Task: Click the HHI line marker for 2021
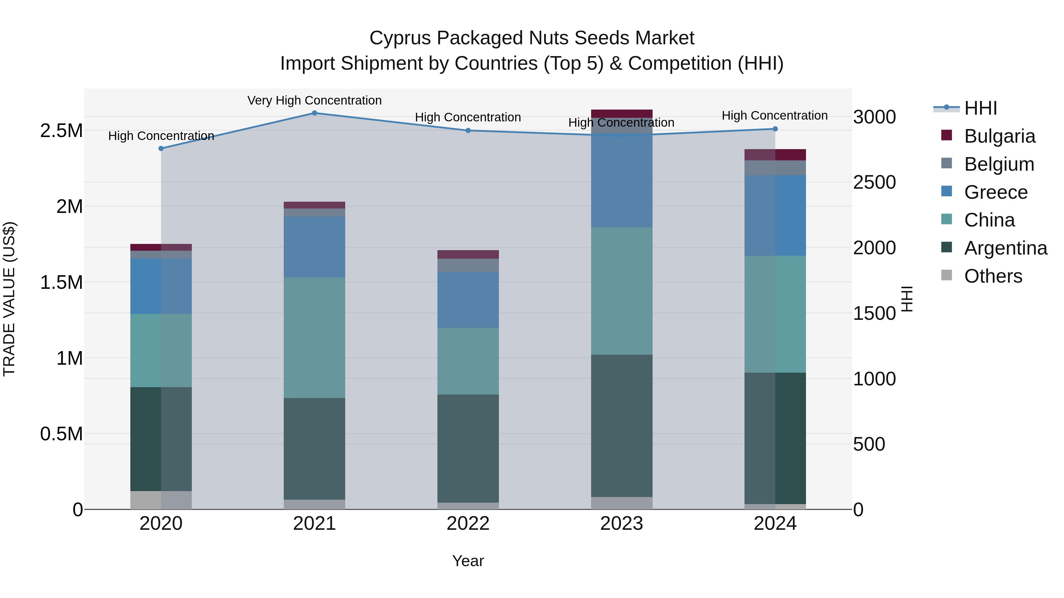(314, 113)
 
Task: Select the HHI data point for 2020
(161, 149)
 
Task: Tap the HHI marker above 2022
(468, 131)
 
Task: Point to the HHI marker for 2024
(775, 129)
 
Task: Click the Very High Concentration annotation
(314, 100)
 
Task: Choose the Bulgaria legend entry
(999, 136)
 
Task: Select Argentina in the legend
(1005, 248)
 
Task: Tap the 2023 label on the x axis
(621, 524)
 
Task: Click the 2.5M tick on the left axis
(61, 131)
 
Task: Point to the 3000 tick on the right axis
(875, 117)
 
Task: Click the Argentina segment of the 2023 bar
(622, 425)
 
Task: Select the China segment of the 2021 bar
(314, 338)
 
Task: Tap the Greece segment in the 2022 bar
(468, 300)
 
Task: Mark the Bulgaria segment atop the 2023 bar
(622, 113)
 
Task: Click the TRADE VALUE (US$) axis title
(9, 299)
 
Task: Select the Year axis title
(468, 561)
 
